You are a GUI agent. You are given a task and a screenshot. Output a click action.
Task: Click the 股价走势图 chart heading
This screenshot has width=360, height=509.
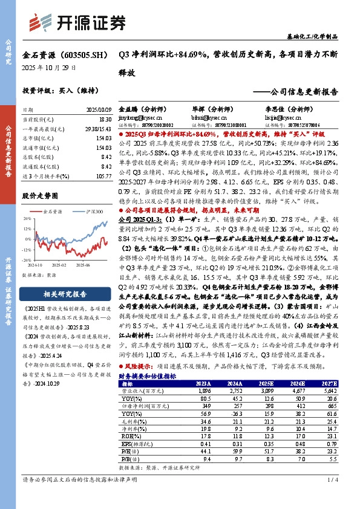[40, 196]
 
